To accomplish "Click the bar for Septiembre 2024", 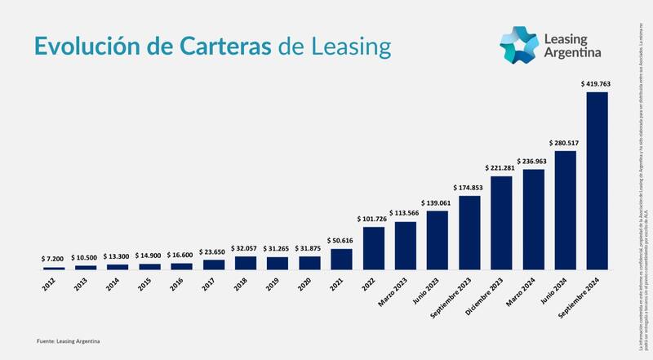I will click(x=597, y=180).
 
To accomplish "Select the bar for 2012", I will click(x=54, y=268).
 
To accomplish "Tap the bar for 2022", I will click(x=374, y=248).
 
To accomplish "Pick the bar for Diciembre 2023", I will click(x=501, y=223).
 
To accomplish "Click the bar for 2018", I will click(x=246, y=263).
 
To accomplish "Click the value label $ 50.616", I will click(x=341, y=240).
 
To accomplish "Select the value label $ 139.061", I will click(x=438, y=202).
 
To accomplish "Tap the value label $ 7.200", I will click(x=54, y=258).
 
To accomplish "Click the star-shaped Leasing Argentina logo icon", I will click(x=518, y=46).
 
